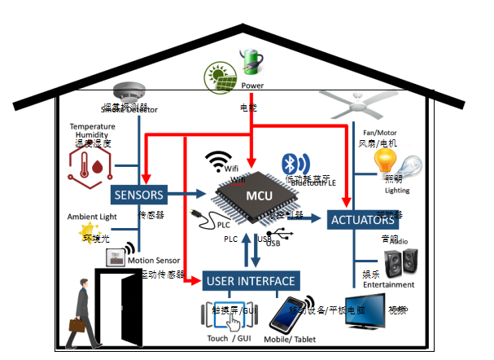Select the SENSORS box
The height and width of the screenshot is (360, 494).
click(139, 195)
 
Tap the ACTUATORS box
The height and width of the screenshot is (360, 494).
click(364, 219)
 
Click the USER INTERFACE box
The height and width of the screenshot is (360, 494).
click(251, 281)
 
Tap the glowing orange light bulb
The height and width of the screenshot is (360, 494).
click(384, 160)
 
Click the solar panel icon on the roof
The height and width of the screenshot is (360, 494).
click(219, 77)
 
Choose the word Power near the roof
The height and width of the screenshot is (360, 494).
click(253, 85)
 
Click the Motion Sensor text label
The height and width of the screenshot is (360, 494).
click(153, 261)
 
